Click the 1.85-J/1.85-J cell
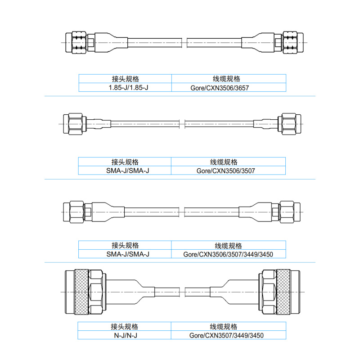point(125,88)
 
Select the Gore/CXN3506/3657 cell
point(229,88)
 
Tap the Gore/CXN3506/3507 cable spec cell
point(229,171)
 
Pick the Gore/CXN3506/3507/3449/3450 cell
point(229,254)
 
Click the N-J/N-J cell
point(125,335)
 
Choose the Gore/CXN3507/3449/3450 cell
point(229,335)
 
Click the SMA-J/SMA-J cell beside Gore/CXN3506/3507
point(125,171)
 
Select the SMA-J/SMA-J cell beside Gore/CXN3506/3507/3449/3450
point(125,254)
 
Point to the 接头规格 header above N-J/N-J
point(125,327)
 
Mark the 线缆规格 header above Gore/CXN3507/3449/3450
point(229,327)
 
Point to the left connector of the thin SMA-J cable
point(75,124)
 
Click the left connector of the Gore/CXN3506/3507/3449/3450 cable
point(75,210)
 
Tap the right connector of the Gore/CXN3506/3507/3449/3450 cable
point(289,210)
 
